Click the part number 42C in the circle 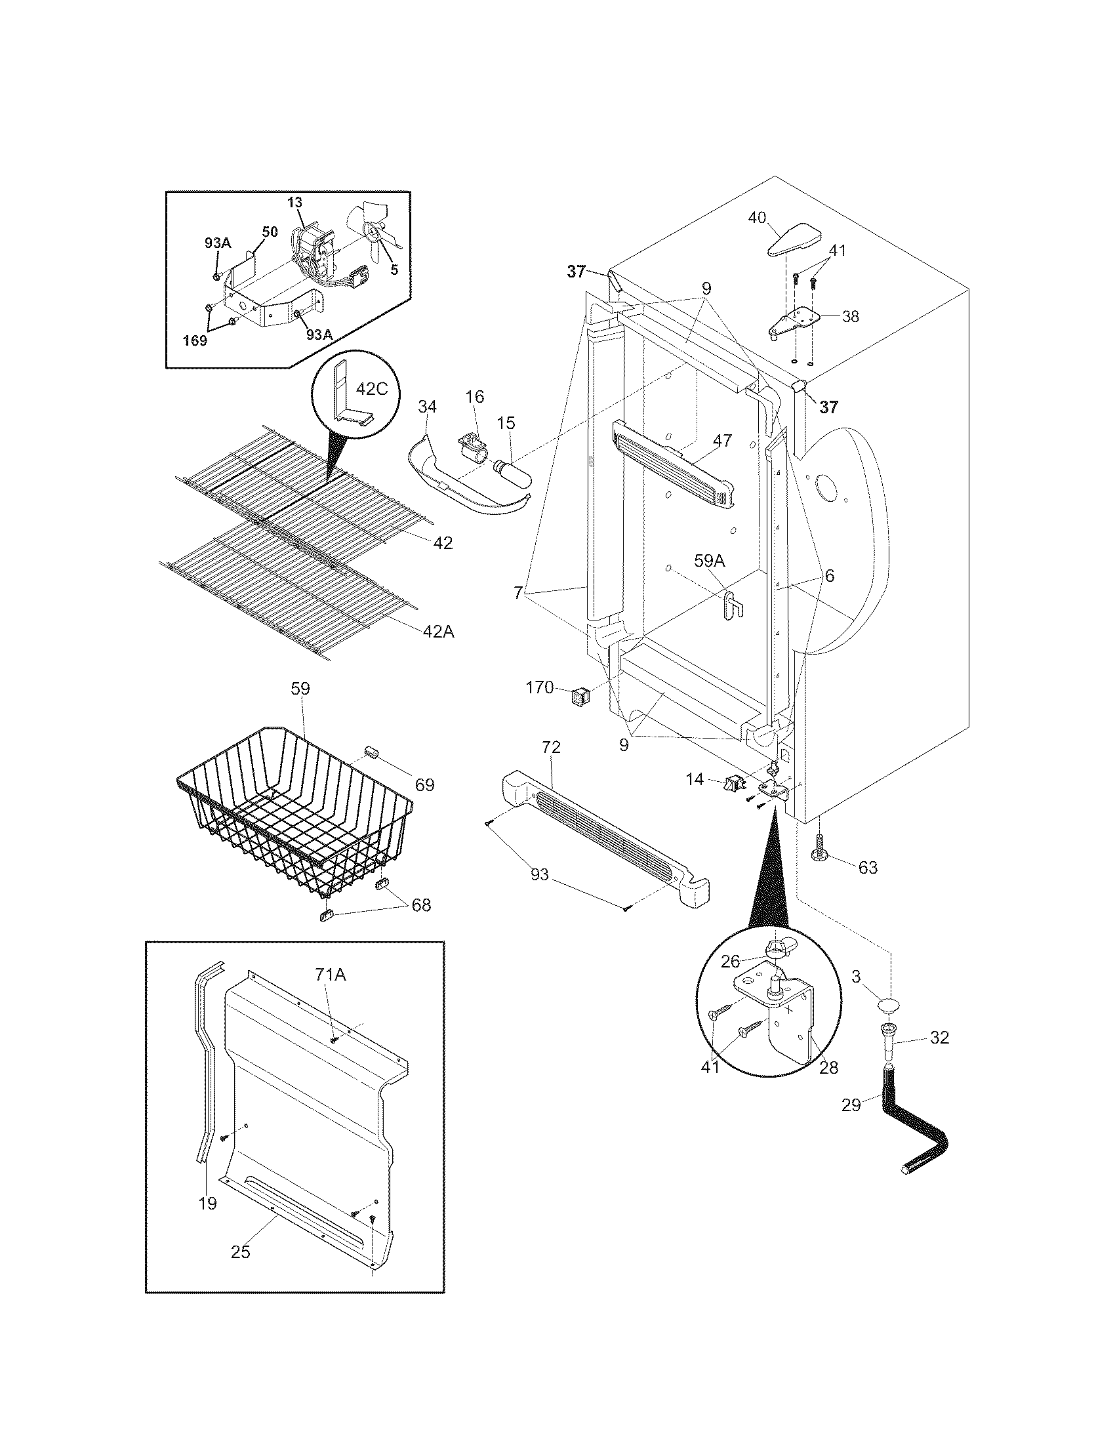coord(371,389)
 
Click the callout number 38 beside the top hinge coord(851,317)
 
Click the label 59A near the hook coord(710,561)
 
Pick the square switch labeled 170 coord(579,696)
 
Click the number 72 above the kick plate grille coord(551,747)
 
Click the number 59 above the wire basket coord(300,689)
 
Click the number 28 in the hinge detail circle coord(828,1067)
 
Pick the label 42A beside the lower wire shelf coord(438,632)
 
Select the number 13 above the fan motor coord(294,203)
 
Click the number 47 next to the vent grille coord(723,440)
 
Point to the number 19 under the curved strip coord(207,1203)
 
